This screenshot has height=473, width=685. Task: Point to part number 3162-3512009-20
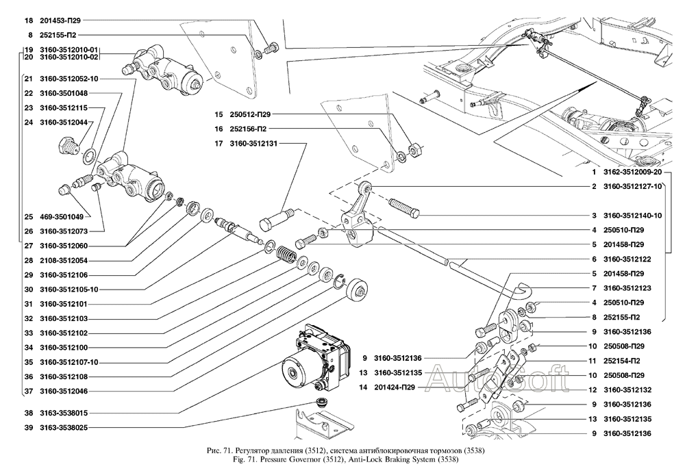(632, 172)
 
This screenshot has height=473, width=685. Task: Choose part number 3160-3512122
(632, 259)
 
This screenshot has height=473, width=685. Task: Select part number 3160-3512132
(632, 389)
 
